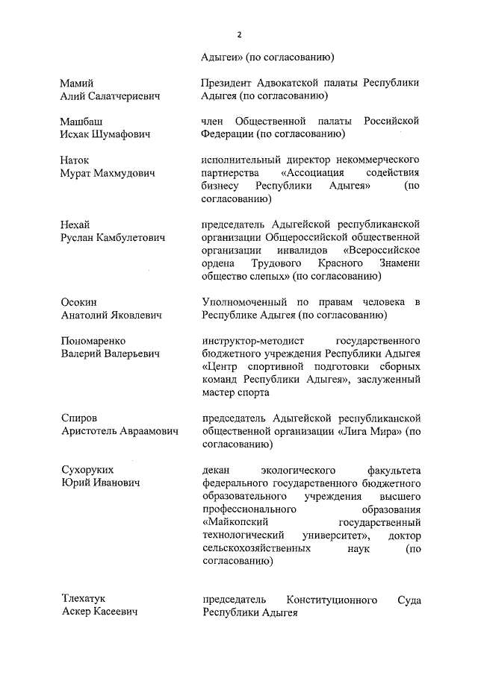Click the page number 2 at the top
239,34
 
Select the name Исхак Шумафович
105,134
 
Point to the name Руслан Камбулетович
112,237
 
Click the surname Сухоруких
87,470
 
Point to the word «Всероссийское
382,250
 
